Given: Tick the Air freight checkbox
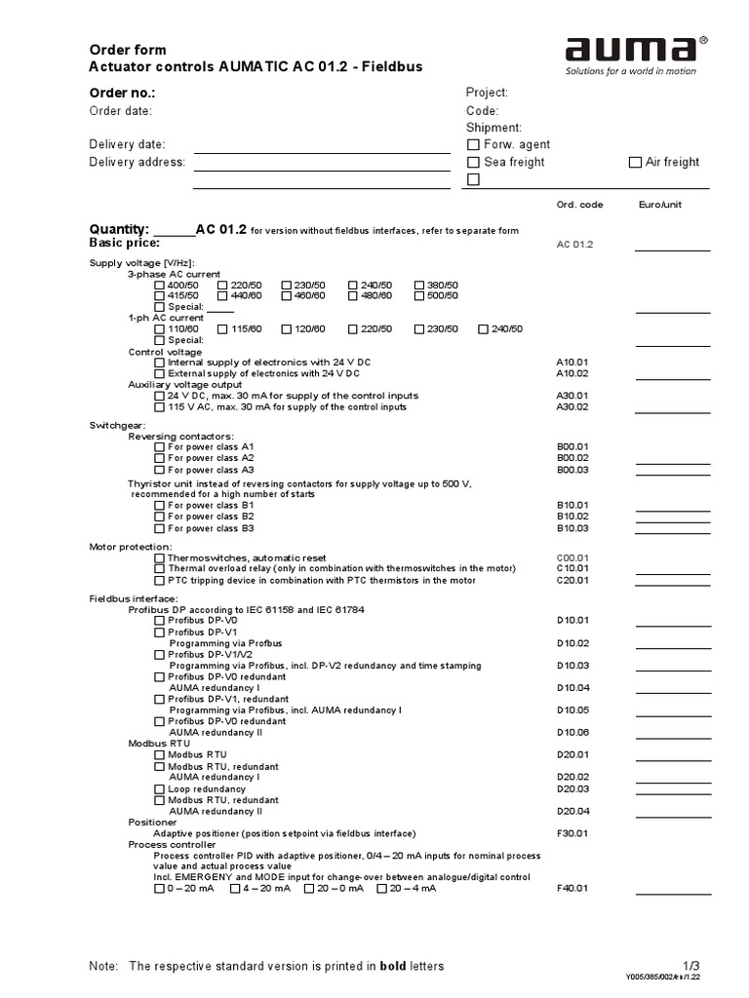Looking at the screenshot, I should (635, 163).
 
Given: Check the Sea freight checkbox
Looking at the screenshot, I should (474, 163).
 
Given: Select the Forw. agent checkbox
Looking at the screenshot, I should (474, 145).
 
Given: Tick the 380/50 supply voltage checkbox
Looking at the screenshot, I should (419, 286).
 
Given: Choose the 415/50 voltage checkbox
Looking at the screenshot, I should (160, 296).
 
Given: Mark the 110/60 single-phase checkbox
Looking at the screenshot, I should (160, 329).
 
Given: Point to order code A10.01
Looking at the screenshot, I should (572, 362).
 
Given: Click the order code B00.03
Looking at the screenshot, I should (572, 470).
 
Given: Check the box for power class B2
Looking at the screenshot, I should (160, 517).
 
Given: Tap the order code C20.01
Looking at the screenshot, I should (572, 581).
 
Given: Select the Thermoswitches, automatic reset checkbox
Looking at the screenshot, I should (160, 558).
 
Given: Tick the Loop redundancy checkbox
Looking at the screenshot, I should (160, 789).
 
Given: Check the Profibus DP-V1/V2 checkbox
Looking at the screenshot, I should (160, 655).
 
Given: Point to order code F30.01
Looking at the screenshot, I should (572, 833).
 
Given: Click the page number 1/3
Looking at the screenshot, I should (691, 965).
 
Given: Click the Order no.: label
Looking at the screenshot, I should (122, 93).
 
